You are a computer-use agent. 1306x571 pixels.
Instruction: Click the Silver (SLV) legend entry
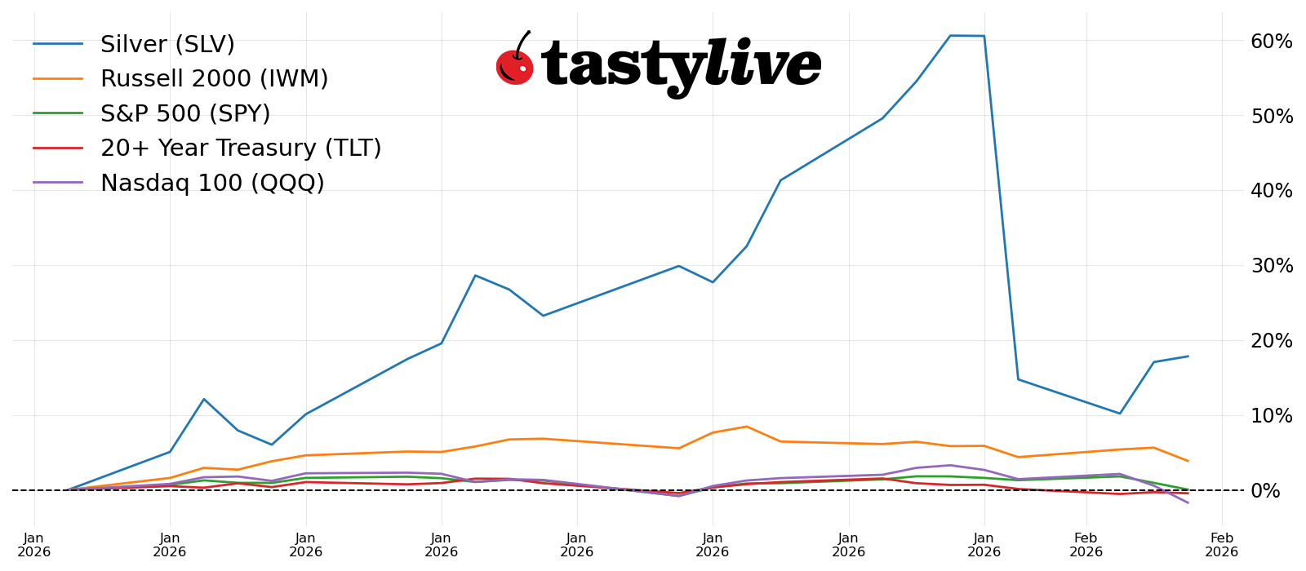click(x=167, y=44)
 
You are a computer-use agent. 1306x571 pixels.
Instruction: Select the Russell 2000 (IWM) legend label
click(x=214, y=79)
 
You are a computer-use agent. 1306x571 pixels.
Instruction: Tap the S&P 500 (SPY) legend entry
click(x=184, y=114)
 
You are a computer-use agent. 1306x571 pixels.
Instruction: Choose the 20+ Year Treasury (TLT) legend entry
click(x=241, y=148)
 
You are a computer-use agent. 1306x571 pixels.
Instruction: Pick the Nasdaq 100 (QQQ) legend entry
click(x=212, y=184)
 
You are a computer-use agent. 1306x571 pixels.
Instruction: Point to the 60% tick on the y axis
click(x=1272, y=42)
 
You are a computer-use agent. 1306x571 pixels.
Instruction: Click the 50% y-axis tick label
click(x=1272, y=116)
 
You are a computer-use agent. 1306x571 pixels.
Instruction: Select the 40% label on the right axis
click(x=1272, y=191)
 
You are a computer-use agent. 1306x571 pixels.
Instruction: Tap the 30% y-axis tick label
click(x=1272, y=266)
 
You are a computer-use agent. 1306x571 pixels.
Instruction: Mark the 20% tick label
click(x=1272, y=341)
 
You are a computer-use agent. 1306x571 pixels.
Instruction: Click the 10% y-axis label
click(x=1272, y=416)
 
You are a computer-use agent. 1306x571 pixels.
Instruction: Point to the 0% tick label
click(x=1278, y=491)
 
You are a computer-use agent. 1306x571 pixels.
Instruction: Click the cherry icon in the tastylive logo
click(x=514, y=65)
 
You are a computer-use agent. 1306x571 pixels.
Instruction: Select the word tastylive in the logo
click(x=682, y=65)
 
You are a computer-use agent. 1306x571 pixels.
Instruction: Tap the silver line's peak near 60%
click(x=950, y=35)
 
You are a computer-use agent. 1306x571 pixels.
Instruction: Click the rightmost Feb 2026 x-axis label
click(x=1221, y=545)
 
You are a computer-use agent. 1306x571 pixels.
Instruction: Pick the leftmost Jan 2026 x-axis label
click(x=34, y=545)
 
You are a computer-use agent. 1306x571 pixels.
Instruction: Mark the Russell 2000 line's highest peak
click(x=746, y=427)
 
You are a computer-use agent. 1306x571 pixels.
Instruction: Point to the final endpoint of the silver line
click(x=1188, y=356)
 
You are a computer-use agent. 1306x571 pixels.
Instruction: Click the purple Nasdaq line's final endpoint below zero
click(x=1188, y=502)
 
